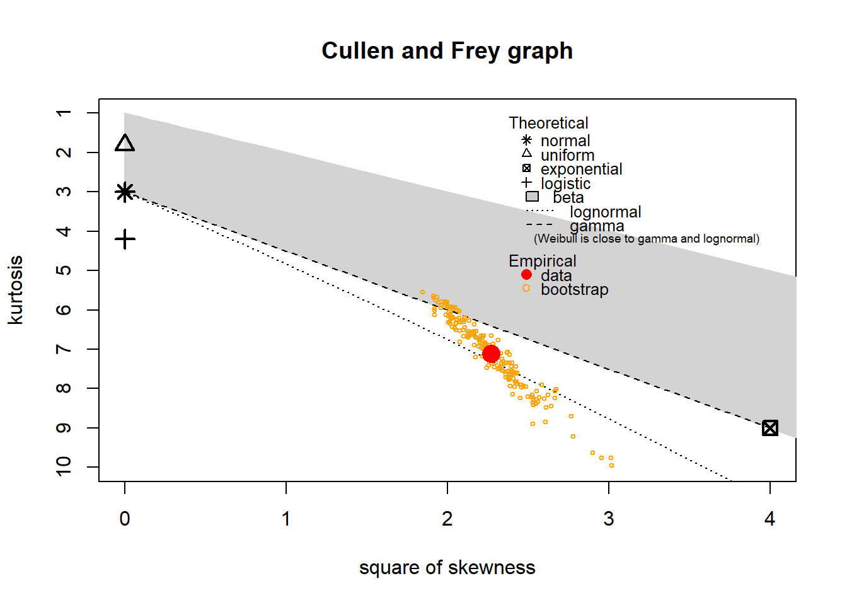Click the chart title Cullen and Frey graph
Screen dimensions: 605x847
(x=447, y=51)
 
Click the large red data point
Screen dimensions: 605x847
(x=491, y=354)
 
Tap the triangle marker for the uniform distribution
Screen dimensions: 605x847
(x=125, y=144)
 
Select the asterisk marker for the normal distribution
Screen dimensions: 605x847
(x=125, y=192)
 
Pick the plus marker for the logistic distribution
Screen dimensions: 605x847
(x=125, y=239)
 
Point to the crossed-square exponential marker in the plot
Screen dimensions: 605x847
(x=769, y=428)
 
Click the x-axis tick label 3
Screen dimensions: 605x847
(x=608, y=519)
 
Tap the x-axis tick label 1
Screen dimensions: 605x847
(x=286, y=519)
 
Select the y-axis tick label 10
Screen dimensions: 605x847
(x=64, y=466)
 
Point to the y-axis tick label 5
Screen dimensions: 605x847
(x=64, y=270)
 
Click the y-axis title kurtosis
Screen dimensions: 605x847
(x=16, y=290)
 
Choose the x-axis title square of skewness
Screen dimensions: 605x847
(x=447, y=568)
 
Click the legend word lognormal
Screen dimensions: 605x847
(x=605, y=212)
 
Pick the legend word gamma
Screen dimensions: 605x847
(x=596, y=226)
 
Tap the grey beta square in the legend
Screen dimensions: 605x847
(x=532, y=197)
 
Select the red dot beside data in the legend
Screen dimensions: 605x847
(x=526, y=275)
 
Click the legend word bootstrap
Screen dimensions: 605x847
(x=574, y=289)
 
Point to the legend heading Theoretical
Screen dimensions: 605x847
(x=548, y=123)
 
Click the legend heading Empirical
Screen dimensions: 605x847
(x=542, y=261)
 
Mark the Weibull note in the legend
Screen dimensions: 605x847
(x=646, y=239)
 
